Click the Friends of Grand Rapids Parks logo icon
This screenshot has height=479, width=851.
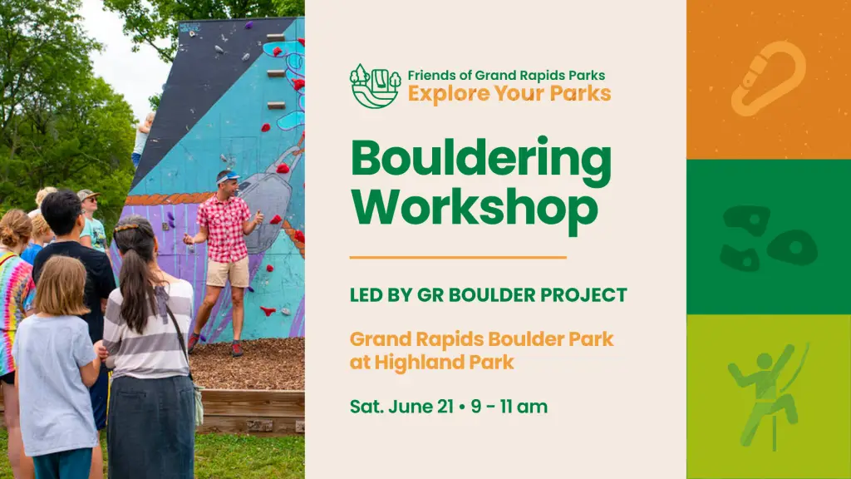[x=375, y=86]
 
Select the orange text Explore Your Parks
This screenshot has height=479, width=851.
[x=509, y=93]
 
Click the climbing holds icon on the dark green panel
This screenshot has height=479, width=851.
[x=769, y=239]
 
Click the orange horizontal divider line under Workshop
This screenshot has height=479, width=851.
[x=458, y=258]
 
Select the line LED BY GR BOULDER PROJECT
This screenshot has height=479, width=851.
[x=489, y=295]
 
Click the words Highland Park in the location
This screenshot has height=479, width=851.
[x=444, y=362]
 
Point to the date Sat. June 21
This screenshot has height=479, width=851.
[x=401, y=406]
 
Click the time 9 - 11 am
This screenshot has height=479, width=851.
[x=509, y=406]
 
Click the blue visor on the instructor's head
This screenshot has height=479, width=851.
[x=228, y=176]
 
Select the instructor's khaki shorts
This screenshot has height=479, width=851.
[x=228, y=272]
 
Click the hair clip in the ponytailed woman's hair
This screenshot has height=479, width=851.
[x=126, y=228]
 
